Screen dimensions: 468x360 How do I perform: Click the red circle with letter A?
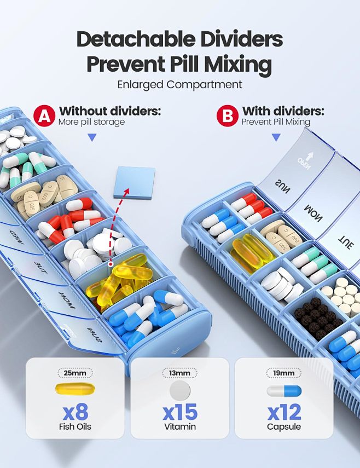pyautogui.click(x=44, y=116)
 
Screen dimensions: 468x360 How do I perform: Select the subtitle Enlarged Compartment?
pyautogui.click(x=179, y=85)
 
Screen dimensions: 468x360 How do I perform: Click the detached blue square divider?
pyautogui.click(x=134, y=182)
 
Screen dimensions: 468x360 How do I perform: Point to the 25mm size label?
pyautogui.click(x=75, y=373)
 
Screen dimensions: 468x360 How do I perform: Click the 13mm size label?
pyautogui.click(x=179, y=373)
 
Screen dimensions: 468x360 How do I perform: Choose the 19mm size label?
pyautogui.click(x=283, y=373)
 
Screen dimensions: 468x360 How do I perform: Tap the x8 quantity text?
pyautogui.click(x=75, y=411)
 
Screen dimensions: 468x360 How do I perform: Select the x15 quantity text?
pyautogui.click(x=179, y=411)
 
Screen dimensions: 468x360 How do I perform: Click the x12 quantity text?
pyautogui.click(x=283, y=411)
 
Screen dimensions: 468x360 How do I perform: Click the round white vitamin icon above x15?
pyautogui.click(x=179, y=390)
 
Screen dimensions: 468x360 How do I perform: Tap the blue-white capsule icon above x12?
pyautogui.click(x=283, y=390)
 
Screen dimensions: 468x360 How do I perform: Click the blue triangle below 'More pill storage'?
pyautogui.click(x=92, y=137)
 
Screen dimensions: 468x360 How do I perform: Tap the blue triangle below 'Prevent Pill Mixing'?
pyautogui.click(x=276, y=137)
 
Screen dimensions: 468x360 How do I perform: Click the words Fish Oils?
pyautogui.click(x=75, y=426)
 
